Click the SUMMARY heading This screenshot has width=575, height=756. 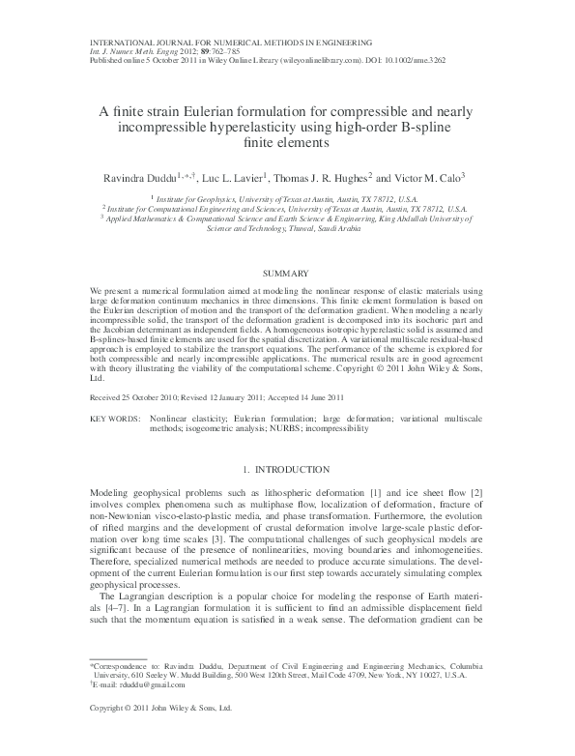[286, 274]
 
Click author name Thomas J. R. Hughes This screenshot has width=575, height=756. [329, 177]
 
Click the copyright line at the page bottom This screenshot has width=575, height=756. [160, 735]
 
